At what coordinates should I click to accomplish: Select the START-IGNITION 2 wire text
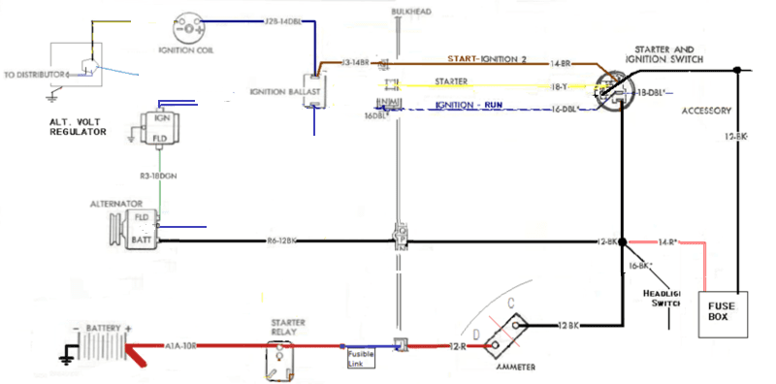click(485, 59)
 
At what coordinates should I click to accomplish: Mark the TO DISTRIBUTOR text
click(37, 74)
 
